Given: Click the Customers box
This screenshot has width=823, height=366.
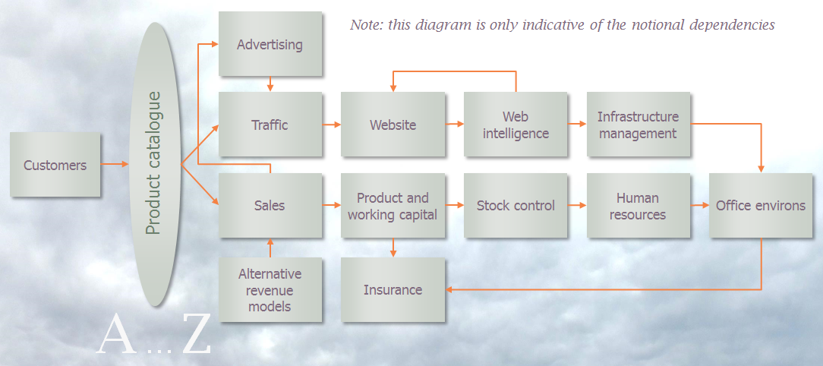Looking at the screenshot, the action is [x=55, y=165].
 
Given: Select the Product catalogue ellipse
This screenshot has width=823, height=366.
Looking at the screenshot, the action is [x=155, y=164].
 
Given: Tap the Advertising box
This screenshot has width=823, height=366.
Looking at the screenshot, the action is [x=270, y=44].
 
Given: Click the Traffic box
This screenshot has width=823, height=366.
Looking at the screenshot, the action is [x=270, y=125].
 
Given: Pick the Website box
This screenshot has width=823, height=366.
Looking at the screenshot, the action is [x=393, y=125].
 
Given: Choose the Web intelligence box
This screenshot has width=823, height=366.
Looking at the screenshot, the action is [x=516, y=125].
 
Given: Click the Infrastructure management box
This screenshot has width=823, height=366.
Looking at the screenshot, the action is [x=639, y=125].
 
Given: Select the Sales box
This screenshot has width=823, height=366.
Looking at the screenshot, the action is [x=270, y=205].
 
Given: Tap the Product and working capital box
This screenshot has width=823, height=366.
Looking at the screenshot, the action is [x=393, y=205].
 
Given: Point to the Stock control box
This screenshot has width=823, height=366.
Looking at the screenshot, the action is [x=516, y=205].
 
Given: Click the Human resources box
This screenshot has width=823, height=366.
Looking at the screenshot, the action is [x=639, y=205].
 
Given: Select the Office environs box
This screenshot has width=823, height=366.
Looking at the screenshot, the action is [x=761, y=205].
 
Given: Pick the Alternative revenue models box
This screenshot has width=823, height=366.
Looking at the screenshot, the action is [x=270, y=289].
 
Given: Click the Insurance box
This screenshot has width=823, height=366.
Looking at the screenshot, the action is [x=393, y=289].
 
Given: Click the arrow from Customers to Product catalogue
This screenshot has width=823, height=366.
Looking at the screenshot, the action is [x=115, y=164].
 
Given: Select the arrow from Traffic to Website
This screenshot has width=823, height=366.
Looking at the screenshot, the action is [x=331, y=125].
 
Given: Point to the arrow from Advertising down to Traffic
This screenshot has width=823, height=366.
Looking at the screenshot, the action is [x=270, y=84].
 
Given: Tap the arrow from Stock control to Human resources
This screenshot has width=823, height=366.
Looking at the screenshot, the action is [x=577, y=205].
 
